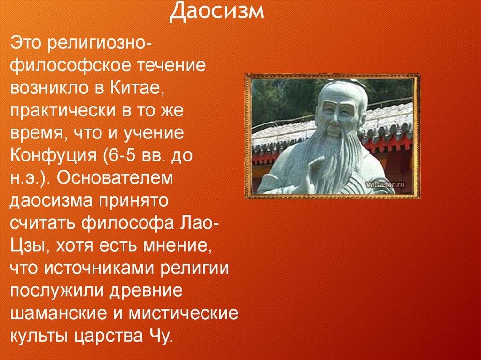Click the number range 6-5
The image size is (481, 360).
121,156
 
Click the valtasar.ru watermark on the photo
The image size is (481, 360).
385,184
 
